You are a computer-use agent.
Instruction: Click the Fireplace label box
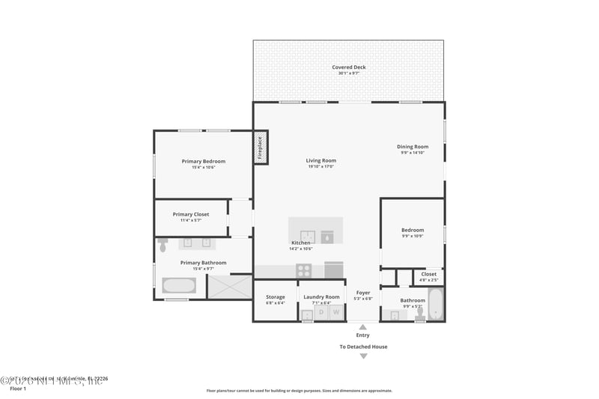pyautogui.click(x=261, y=147)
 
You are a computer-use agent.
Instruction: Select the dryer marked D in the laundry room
pyautogui.click(x=320, y=311)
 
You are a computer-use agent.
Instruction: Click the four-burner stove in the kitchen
pyautogui.click(x=304, y=270)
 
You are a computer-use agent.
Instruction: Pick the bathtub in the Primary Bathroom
pyautogui.click(x=179, y=286)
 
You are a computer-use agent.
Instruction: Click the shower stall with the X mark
pyautogui.click(x=229, y=287)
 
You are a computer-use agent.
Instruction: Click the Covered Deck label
pyautogui.click(x=349, y=67)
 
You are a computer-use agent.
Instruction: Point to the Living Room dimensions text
pyautogui.click(x=320, y=166)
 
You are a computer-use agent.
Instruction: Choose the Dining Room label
pyautogui.click(x=413, y=147)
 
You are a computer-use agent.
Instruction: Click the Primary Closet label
pyautogui.click(x=191, y=214)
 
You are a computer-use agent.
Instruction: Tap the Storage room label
pyautogui.click(x=276, y=297)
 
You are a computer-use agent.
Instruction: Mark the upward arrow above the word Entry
pyautogui.click(x=363, y=326)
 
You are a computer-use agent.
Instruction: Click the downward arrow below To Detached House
pyautogui.click(x=363, y=356)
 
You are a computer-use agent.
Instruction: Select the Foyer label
pyautogui.click(x=363, y=293)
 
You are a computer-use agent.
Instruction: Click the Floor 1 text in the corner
pyautogui.click(x=18, y=389)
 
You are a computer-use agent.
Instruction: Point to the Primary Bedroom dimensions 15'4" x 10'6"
pyautogui.click(x=204, y=167)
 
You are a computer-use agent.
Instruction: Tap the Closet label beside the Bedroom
pyautogui.click(x=428, y=274)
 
